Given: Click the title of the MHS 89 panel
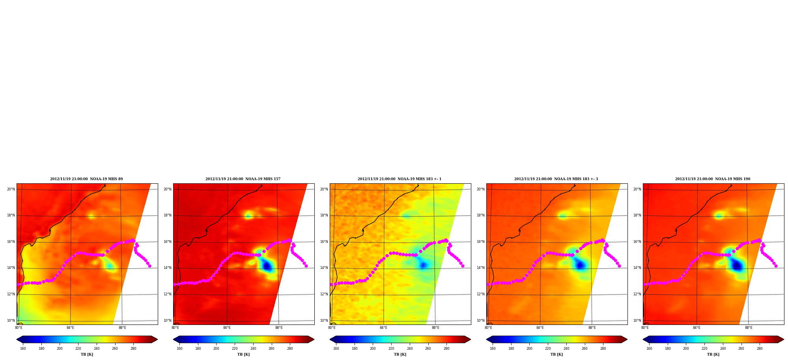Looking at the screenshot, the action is [x=86, y=179].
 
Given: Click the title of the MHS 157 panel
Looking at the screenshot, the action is [x=243, y=179].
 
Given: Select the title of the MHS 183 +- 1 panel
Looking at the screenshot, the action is [x=400, y=179].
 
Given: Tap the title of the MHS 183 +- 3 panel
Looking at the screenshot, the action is [x=556, y=179].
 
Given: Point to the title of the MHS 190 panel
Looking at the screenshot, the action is [x=713, y=179].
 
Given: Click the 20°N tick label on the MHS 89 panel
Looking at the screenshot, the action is [x=11, y=189].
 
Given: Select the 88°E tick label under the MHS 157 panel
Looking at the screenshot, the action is [x=279, y=328].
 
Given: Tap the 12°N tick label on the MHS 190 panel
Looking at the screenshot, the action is [x=637, y=294].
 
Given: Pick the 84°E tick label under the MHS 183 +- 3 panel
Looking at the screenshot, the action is [x=540, y=328].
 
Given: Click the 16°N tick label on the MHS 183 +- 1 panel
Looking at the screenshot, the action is [x=324, y=242].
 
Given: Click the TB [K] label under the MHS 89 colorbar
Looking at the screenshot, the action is [x=87, y=354].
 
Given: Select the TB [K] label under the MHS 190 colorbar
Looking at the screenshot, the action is [x=713, y=354].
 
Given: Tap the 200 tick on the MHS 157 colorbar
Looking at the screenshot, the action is [x=216, y=349].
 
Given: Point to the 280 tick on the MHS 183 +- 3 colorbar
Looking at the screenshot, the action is [x=603, y=349].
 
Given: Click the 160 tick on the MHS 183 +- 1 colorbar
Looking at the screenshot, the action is [x=336, y=349].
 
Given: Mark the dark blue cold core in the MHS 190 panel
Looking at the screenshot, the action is [x=737, y=266].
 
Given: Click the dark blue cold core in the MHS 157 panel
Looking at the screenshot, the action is [x=267, y=266].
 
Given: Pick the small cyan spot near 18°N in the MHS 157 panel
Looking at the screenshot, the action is [x=248, y=216].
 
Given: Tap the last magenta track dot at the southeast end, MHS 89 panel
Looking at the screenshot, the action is [x=149, y=266].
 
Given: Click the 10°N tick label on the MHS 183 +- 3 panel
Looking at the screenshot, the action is [x=481, y=321].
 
